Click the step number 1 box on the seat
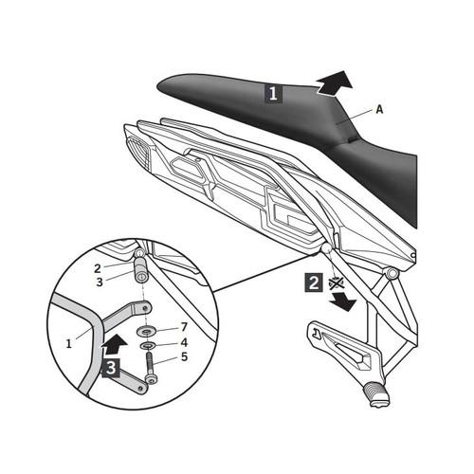273,93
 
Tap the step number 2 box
314,283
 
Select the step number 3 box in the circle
111,368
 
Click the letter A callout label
379,109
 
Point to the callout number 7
184,327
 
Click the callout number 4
184,342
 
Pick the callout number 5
184,357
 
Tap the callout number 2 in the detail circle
98,268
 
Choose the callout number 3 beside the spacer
100,283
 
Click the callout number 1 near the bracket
69,344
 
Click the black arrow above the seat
336,82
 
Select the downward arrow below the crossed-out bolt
343,301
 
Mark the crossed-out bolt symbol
337,283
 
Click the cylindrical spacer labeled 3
142,270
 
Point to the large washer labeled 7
147,332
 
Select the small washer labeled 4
147,345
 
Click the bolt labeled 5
150,368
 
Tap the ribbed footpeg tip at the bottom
377,394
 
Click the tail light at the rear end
139,149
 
